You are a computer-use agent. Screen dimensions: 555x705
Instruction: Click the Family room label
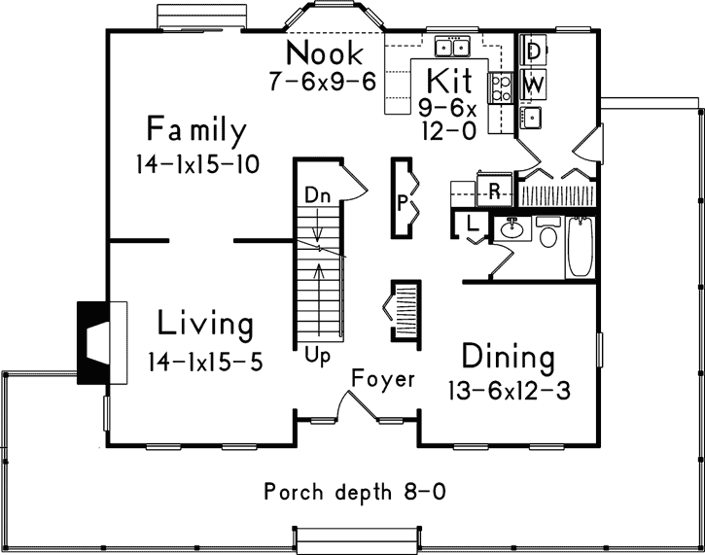(197, 130)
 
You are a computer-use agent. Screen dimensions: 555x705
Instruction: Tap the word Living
(205, 324)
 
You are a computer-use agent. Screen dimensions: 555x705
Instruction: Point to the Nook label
(325, 52)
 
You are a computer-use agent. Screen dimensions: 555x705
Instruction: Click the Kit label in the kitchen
(449, 80)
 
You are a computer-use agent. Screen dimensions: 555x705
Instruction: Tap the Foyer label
(383, 378)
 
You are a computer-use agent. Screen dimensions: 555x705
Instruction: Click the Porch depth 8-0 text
(355, 492)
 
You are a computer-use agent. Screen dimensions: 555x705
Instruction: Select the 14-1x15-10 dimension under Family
(197, 164)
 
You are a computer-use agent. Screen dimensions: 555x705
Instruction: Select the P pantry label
(403, 204)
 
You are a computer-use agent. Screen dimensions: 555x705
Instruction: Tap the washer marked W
(533, 85)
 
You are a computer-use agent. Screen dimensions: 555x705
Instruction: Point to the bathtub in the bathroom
(580, 249)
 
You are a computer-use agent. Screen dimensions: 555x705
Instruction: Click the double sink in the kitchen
(453, 47)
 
